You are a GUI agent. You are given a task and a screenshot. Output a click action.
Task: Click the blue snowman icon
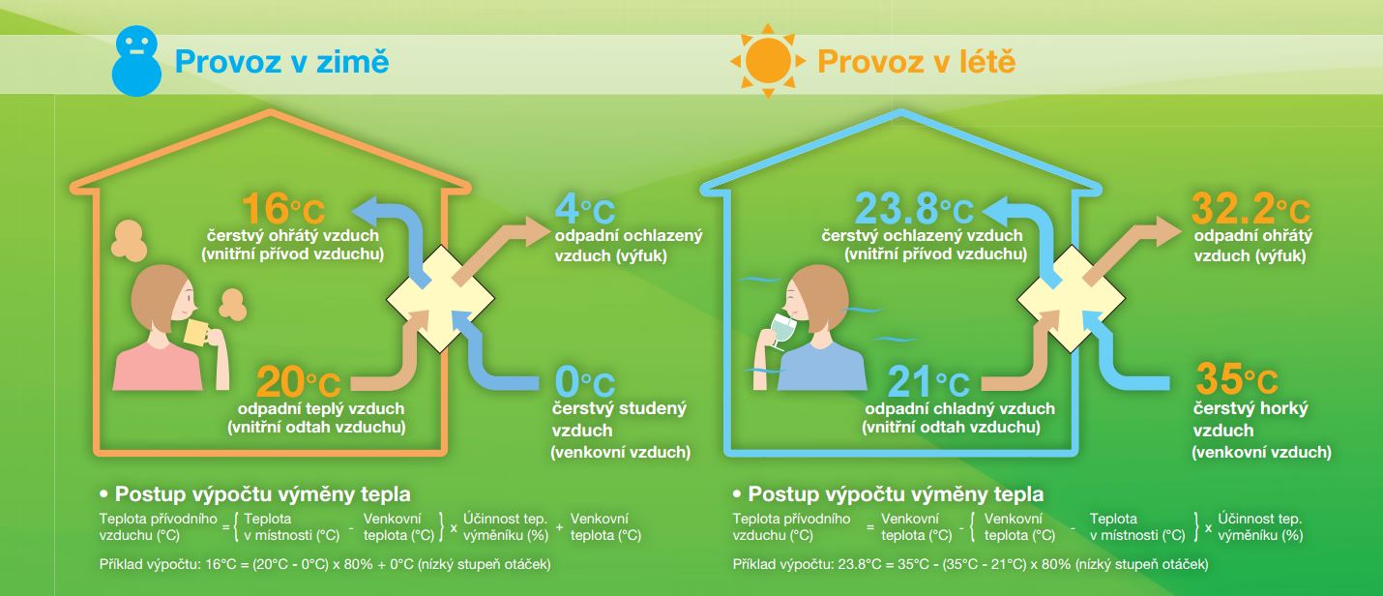[136, 61]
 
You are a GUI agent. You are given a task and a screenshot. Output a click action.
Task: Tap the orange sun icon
[768, 61]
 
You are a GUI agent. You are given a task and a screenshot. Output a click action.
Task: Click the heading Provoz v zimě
[282, 62]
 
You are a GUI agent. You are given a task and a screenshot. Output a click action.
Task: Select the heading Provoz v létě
[916, 62]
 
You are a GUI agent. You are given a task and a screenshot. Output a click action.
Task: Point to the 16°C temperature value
[283, 209]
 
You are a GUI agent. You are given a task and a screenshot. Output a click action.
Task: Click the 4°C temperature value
[585, 209]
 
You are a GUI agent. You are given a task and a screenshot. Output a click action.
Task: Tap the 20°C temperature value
[298, 382]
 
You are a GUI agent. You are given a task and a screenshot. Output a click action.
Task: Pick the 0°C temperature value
[585, 381]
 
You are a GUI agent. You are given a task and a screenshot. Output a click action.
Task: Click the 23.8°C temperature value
[914, 209]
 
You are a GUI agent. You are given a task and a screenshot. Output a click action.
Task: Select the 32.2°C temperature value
[1251, 209]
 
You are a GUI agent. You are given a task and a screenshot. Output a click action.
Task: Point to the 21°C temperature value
[928, 382]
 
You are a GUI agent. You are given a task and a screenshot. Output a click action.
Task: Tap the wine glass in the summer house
[781, 330]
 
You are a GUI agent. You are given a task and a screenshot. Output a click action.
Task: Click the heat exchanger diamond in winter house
[440, 299]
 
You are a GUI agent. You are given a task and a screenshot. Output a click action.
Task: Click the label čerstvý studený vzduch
[619, 419]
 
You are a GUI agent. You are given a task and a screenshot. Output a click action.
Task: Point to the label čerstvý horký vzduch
[1251, 419]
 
